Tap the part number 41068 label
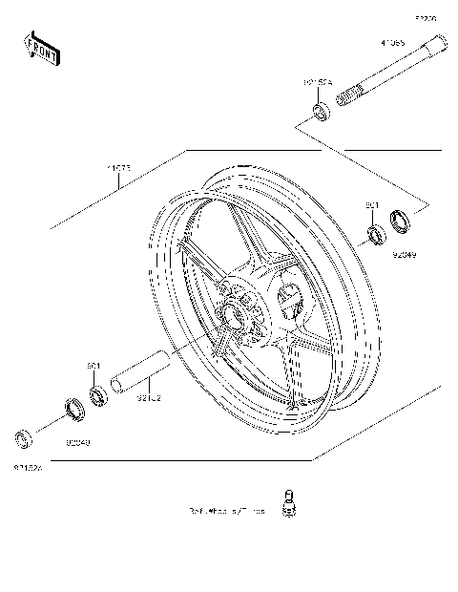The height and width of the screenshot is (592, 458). coord(392,43)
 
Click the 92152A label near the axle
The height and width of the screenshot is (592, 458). coord(318,84)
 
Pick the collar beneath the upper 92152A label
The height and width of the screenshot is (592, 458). coord(321,115)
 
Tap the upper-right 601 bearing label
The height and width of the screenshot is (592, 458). coord(373,206)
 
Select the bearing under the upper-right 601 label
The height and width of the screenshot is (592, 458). coord(376,230)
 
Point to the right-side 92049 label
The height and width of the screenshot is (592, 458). coord(405,256)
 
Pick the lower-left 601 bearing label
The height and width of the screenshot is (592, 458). coord(94,366)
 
